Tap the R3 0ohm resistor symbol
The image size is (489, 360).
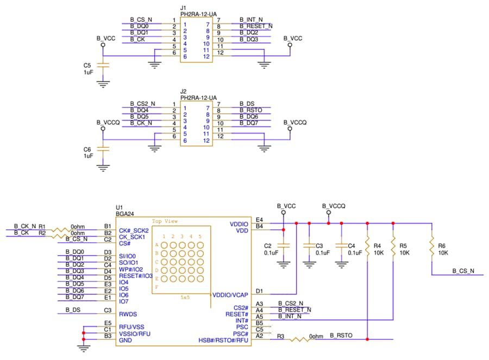tap(299, 340)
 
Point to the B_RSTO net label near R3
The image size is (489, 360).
tap(341, 336)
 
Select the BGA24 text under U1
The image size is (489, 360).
tap(125, 214)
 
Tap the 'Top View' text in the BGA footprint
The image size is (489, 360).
tap(165, 221)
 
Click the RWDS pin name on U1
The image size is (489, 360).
tap(128, 314)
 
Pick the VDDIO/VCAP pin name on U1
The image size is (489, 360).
tap(230, 295)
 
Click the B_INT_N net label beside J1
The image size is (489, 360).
tap(251, 20)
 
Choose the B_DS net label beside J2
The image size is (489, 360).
tap(247, 104)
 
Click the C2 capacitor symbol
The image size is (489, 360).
tap(283, 245)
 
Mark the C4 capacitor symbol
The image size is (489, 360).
tap(341, 245)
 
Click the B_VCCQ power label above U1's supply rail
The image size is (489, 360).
tap(334, 206)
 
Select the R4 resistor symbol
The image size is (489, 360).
tap(368, 245)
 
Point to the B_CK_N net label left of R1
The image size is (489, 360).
tap(24, 225)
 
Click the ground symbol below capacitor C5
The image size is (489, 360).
tap(103, 84)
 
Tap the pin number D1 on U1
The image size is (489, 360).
tap(259, 291)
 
